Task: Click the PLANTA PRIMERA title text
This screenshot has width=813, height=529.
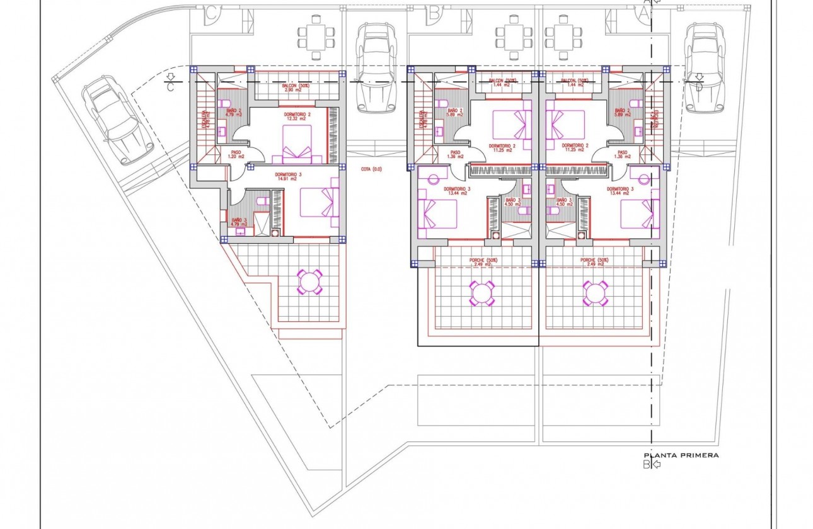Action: (681, 455)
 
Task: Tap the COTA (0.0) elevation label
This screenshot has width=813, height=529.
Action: (371, 169)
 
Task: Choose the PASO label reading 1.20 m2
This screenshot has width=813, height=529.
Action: (236, 154)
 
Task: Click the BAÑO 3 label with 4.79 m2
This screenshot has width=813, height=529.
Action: (238, 221)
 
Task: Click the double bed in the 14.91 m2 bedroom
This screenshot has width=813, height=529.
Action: (319, 202)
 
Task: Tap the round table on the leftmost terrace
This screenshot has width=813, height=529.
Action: (310, 282)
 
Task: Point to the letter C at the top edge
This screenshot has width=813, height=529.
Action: (211, 11)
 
